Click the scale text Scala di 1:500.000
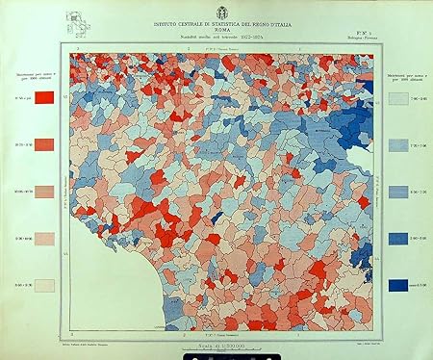coord(220,344)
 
